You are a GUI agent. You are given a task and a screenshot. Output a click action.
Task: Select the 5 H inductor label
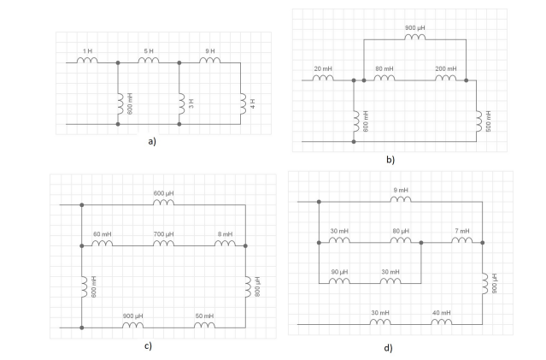[x=148, y=51]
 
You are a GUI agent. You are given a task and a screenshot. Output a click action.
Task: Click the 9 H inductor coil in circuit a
[x=209, y=62]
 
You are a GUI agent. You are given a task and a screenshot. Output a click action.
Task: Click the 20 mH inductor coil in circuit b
[x=322, y=80]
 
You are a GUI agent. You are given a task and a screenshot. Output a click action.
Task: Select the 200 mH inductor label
[x=445, y=69]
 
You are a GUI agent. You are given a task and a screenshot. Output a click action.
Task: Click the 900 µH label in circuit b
[x=414, y=27]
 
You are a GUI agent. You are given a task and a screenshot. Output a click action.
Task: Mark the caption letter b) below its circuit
[x=390, y=160]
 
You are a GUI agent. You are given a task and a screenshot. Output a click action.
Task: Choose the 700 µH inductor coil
[x=163, y=245]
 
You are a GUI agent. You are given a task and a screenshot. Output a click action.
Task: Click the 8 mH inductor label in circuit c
[x=225, y=234]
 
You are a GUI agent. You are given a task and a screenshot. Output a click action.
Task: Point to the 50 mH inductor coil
[x=204, y=326]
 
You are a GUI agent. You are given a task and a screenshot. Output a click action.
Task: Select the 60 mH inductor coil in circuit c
[x=102, y=245]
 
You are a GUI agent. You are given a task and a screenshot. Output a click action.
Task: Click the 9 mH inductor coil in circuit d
[x=401, y=202]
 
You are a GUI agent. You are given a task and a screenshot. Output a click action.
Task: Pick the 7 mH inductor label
[x=461, y=231]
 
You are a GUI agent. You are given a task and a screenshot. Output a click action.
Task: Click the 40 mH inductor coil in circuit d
[x=441, y=323]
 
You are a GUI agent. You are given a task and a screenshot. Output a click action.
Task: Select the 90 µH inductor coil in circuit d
[x=339, y=282]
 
